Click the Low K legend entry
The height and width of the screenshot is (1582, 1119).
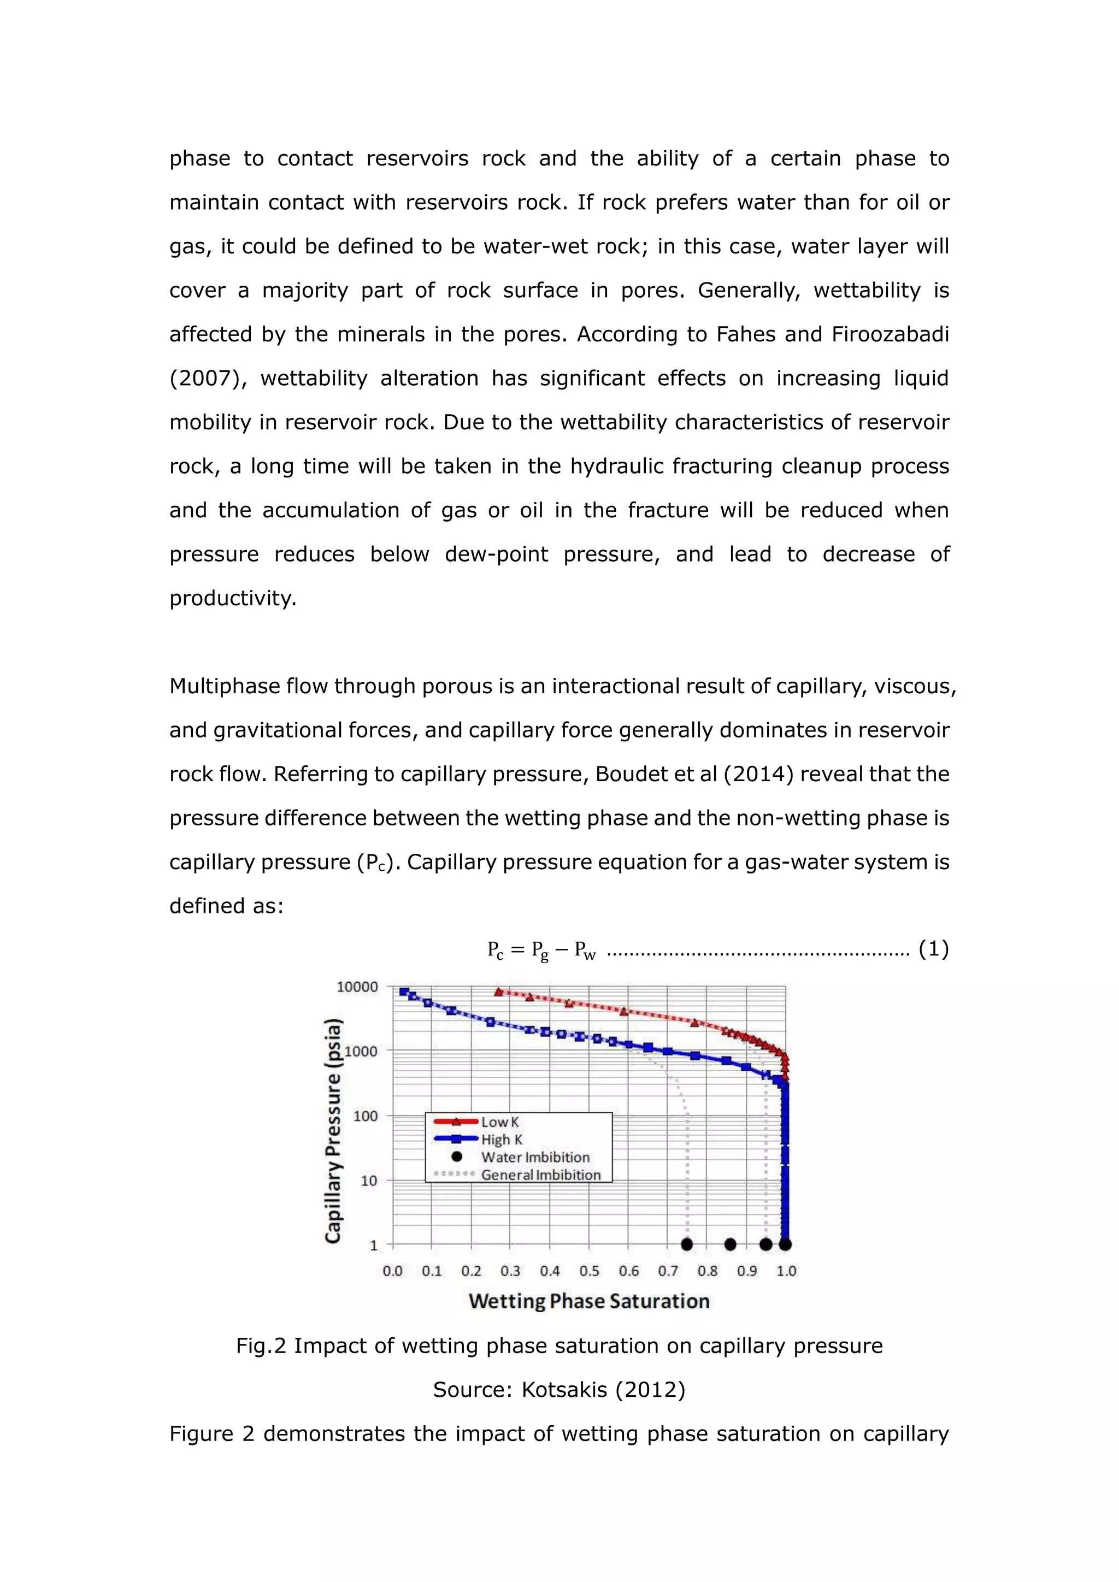pos(499,1121)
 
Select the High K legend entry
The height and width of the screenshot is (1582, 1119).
pos(502,1140)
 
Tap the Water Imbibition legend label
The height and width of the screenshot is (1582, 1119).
pos(535,1158)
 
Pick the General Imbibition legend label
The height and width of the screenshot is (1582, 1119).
pos(540,1175)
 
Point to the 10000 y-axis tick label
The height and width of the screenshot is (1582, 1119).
pos(357,987)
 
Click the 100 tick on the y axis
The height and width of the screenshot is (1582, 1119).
pos(365,1116)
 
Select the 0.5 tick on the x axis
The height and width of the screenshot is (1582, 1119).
pos(589,1271)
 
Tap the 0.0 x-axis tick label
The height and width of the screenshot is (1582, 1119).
pos(393,1271)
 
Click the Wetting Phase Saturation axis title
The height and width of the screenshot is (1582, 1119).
pos(589,1301)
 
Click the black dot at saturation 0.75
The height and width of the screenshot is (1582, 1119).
pos(686,1244)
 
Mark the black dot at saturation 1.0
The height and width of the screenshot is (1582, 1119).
pos(786,1244)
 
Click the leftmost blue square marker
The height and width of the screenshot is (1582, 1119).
pos(404,991)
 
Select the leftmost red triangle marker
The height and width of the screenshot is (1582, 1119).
pos(499,992)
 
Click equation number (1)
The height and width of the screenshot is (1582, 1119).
pos(934,949)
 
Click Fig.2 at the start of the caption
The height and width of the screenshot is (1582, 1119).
pos(261,1345)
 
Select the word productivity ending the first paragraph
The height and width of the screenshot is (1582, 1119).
pos(232,598)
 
